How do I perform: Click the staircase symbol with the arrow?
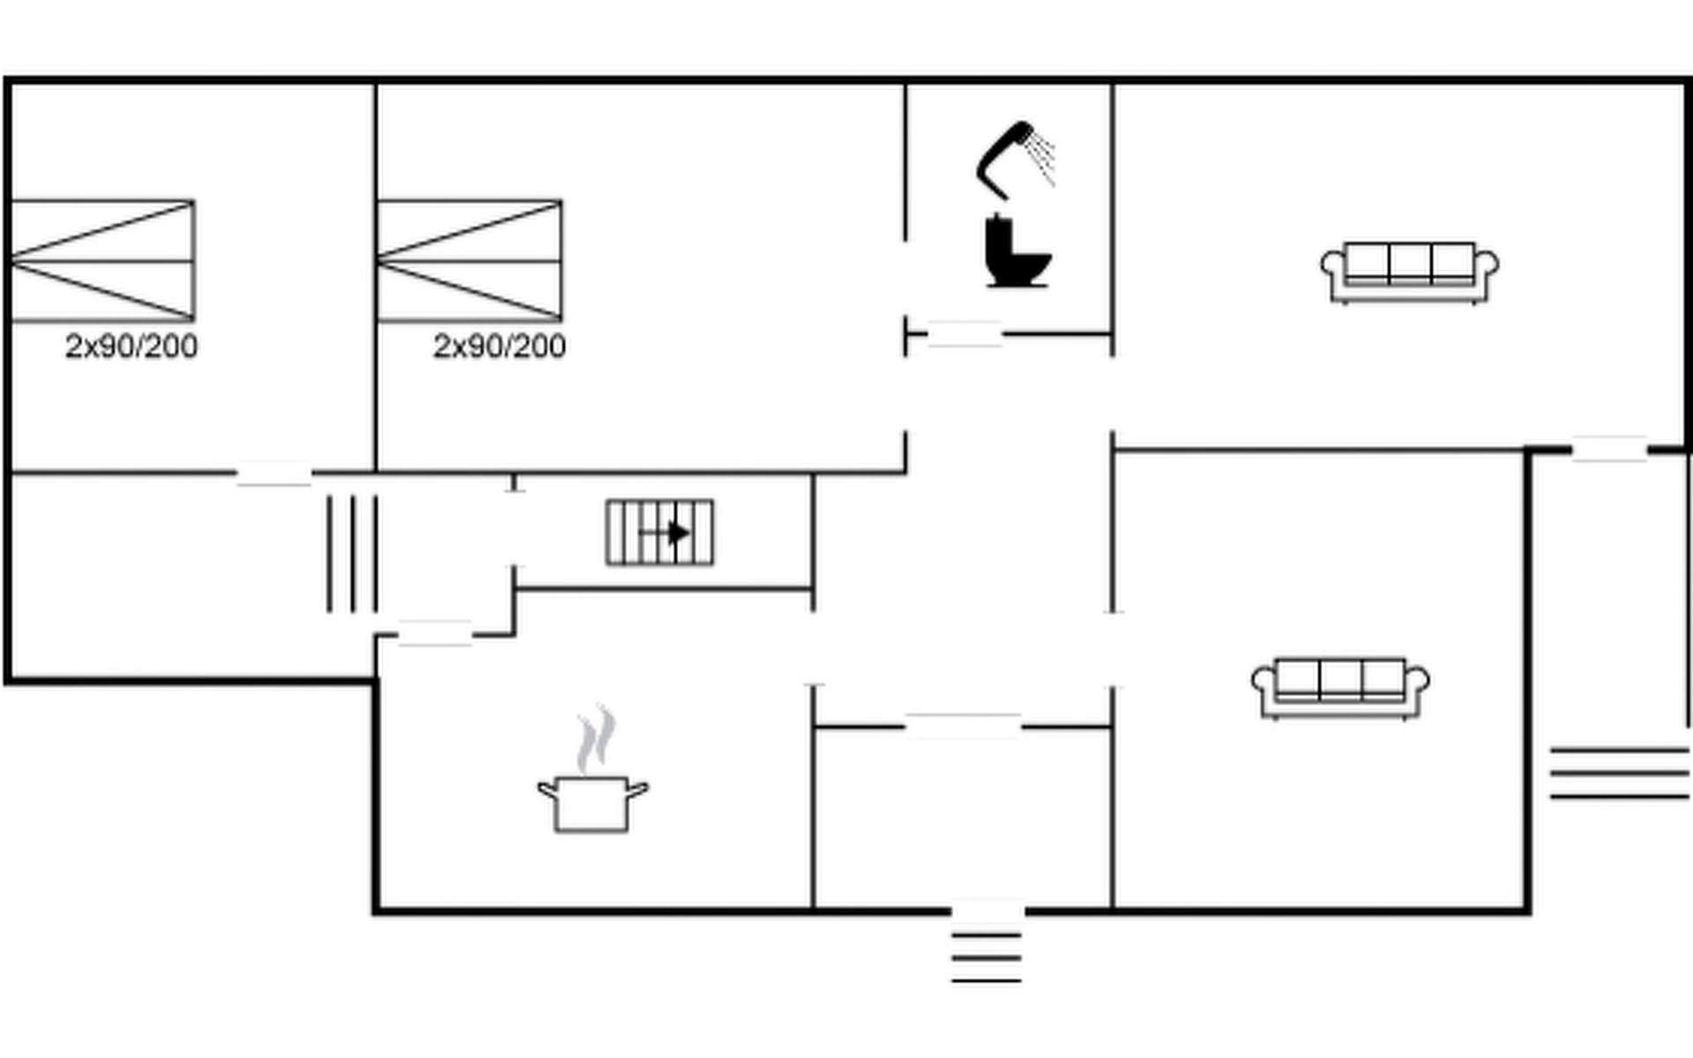[x=660, y=533]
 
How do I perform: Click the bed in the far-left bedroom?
[x=102, y=261]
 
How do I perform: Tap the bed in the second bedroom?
[x=470, y=261]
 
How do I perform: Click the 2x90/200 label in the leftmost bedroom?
[x=131, y=346]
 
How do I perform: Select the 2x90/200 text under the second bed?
[x=499, y=346]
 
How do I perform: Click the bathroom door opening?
[x=965, y=334]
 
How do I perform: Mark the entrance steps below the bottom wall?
[x=987, y=957]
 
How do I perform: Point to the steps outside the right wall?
[x=1620, y=773]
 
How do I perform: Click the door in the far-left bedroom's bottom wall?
[x=274, y=473]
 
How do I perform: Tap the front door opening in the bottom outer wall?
[x=988, y=911]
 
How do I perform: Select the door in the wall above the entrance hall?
[x=963, y=726]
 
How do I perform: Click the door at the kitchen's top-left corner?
[x=435, y=633]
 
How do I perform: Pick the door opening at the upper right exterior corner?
[x=1609, y=450]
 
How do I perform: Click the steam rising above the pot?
[x=596, y=739]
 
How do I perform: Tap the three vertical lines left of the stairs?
[x=353, y=554]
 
